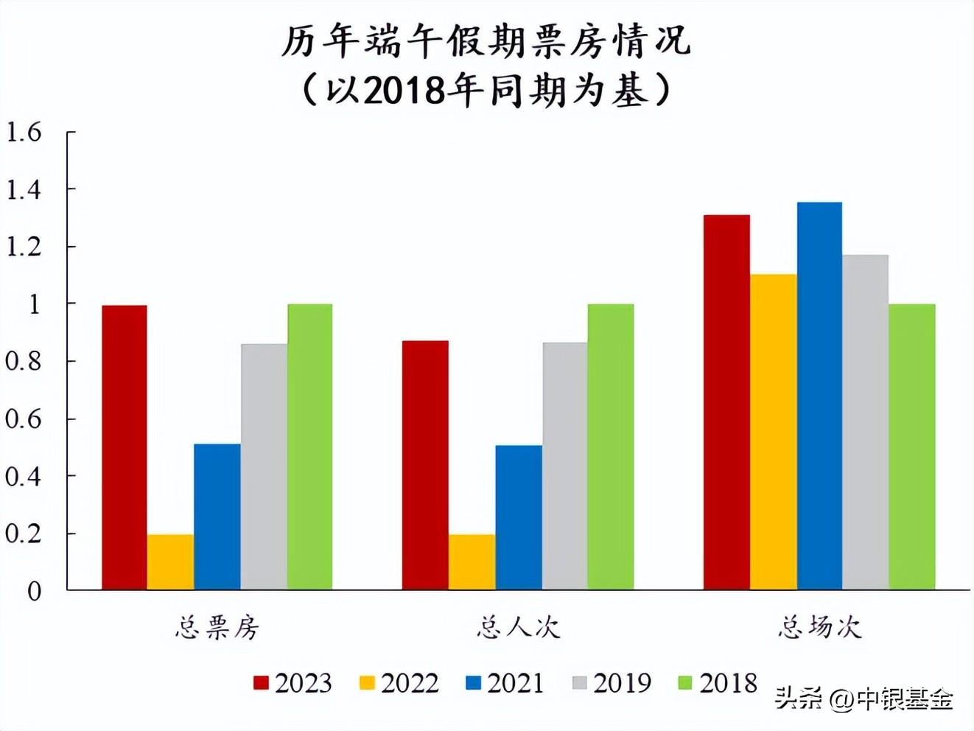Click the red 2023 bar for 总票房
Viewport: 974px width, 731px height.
(124, 447)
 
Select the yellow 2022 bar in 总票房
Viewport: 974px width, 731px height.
(170, 562)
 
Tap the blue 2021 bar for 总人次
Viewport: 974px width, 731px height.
(519, 517)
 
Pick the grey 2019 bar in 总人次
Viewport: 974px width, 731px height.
(565, 466)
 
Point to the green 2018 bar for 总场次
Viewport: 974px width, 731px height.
(912, 447)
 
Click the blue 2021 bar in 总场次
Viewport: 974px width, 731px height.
(819, 396)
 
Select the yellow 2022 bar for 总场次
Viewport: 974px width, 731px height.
(773, 432)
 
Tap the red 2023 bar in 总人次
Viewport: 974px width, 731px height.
(425, 465)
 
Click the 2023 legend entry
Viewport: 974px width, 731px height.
(293, 683)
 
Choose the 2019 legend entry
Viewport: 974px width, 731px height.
(612, 683)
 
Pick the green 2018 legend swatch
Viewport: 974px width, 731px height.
(685, 683)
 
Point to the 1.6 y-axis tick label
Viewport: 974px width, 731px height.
(24, 133)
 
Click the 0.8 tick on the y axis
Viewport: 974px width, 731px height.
(24, 361)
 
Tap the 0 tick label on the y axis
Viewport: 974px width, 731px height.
(34, 591)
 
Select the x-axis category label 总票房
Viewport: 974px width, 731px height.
(217, 628)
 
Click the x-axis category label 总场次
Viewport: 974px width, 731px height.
(819, 628)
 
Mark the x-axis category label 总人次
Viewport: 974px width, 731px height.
(518, 628)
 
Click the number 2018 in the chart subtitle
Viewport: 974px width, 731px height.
(405, 91)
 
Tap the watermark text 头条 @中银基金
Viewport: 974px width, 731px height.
(864, 698)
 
